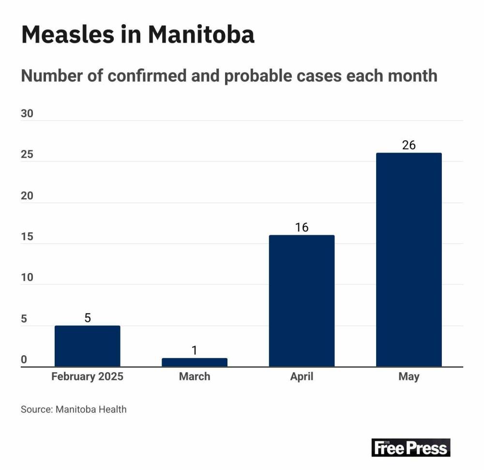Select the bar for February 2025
87,346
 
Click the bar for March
194,362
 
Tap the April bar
302,301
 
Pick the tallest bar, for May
408,259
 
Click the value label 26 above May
409,145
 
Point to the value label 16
302,227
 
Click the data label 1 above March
194,350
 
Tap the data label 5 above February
88,318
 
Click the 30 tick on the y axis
27,114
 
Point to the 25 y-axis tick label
27,155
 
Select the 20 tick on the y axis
27,196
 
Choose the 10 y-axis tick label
27,278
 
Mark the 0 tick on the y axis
24,360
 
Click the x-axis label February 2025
88,377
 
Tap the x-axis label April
302,377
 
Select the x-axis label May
409,377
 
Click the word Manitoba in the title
201,35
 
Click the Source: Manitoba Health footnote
74,409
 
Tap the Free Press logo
411,447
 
